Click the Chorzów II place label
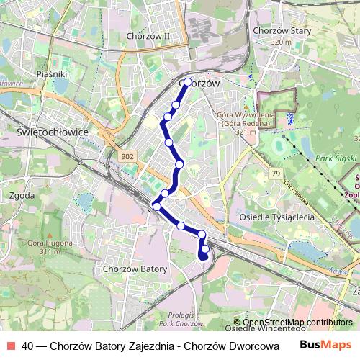click(x=147, y=35)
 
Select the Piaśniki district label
click(x=51, y=73)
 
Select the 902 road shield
click(x=128, y=156)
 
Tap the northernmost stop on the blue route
click(x=188, y=82)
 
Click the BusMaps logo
click(x=325, y=345)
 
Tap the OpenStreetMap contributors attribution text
click(x=297, y=323)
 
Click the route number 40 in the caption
click(x=27, y=346)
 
